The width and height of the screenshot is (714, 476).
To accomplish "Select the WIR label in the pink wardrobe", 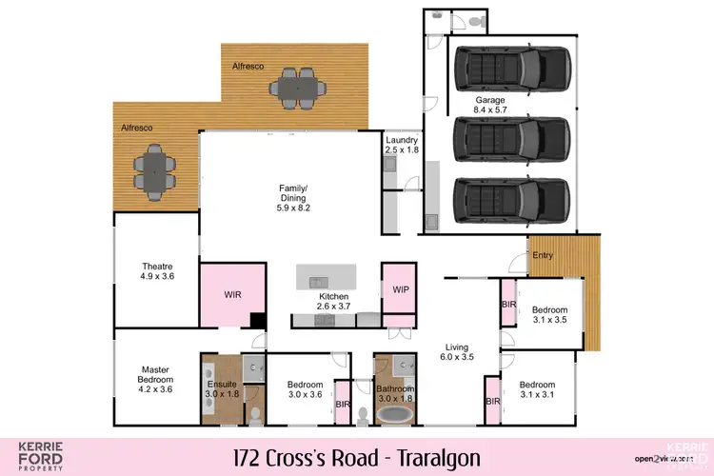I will pos(232,295).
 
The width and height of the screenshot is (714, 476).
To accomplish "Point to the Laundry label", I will pos(402,145).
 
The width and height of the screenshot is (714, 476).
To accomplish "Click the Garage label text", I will pos(490,105).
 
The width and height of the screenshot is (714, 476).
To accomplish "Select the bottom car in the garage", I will pos(511,200).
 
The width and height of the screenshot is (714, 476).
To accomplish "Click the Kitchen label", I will pos(333,302).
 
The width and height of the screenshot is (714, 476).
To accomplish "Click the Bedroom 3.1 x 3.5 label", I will pos(549,315).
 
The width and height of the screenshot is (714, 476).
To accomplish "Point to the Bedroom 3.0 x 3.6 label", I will pos(306,390).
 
